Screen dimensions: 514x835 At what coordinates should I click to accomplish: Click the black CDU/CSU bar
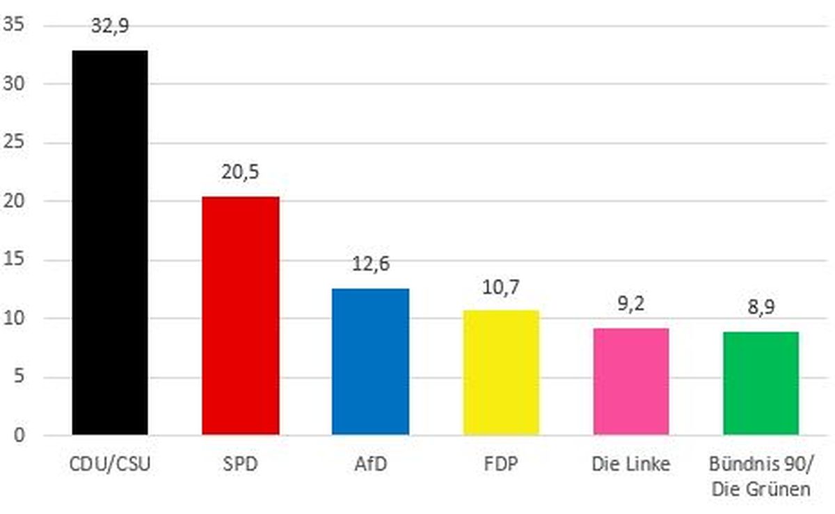coord(110,243)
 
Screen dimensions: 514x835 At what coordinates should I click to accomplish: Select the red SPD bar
coord(240,316)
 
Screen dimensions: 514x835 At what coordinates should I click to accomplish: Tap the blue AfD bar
coord(370,362)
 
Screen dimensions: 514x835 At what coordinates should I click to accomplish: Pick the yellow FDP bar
coord(501,373)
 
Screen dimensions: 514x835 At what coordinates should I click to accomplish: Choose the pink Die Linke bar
coord(631,382)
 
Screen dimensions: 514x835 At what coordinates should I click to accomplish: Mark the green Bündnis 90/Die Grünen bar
coord(760,383)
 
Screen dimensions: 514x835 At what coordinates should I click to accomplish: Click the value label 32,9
coord(110,26)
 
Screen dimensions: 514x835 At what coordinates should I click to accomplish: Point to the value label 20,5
coord(240,172)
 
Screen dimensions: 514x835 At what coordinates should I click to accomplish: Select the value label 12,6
coord(370,265)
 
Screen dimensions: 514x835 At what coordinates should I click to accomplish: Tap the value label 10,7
coord(501,287)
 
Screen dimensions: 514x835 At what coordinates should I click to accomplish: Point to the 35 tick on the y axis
coord(14,26)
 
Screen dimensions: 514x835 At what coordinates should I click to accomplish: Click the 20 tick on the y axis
coord(14,202)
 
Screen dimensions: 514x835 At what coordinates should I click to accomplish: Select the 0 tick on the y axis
coord(19,436)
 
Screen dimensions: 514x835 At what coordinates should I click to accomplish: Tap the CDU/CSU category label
coord(110,464)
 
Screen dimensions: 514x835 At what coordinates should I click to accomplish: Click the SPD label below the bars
coord(240,464)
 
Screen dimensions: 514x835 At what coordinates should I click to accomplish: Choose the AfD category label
coord(370,464)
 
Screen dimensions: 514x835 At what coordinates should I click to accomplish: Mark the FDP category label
coord(501,464)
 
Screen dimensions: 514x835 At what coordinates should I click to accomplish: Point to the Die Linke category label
coord(631,464)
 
